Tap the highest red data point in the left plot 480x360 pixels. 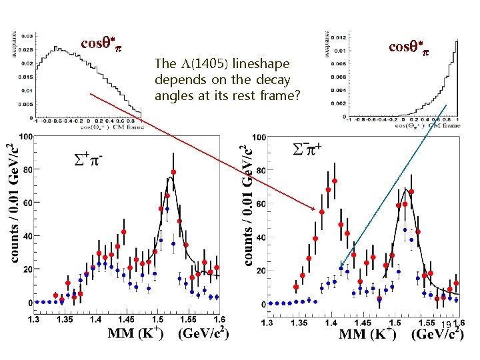coord(173,172)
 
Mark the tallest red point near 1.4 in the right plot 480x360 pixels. coord(335,181)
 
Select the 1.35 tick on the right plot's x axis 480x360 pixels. coord(297,322)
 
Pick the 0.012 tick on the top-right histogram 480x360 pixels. coord(339,37)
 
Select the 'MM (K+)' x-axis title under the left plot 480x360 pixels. coord(137,333)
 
